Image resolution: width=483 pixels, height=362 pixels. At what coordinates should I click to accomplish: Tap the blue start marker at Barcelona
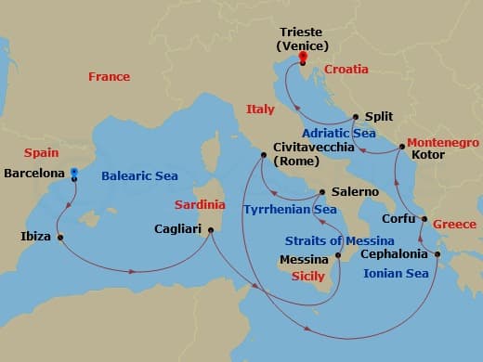[x=73, y=173]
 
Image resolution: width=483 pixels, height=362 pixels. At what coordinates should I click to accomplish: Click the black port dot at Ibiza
[x=60, y=237]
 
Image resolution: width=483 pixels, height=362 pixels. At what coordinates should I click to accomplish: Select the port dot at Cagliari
[x=212, y=230]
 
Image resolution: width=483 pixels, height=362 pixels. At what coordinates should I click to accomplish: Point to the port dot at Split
[x=355, y=117]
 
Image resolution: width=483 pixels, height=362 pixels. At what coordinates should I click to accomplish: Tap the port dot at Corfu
[x=424, y=220]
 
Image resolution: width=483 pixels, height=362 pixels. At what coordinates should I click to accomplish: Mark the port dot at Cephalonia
[x=437, y=252]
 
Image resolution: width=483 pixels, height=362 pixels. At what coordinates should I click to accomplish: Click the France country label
[x=109, y=77]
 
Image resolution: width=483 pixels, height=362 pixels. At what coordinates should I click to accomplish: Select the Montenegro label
[x=441, y=143]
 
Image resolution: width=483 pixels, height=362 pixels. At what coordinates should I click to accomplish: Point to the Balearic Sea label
[x=139, y=175]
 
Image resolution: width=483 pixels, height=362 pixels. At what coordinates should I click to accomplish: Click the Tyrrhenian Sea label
[x=290, y=210]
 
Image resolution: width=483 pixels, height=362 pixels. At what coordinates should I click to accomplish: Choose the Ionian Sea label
[x=398, y=273]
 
